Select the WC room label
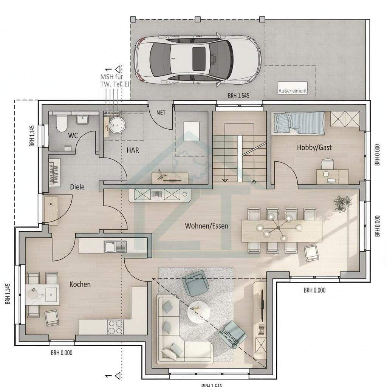click(x=73, y=135)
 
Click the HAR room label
click(x=133, y=150)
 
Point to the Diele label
click(x=77, y=187)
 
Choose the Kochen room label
click(x=80, y=284)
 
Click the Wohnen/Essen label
click(x=207, y=226)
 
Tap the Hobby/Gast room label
click(x=314, y=147)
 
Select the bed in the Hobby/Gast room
click(x=299, y=123)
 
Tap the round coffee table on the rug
click(x=200, y=312)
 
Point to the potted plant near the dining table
click(x=342, y=203)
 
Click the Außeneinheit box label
click(x=292, y=91)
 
